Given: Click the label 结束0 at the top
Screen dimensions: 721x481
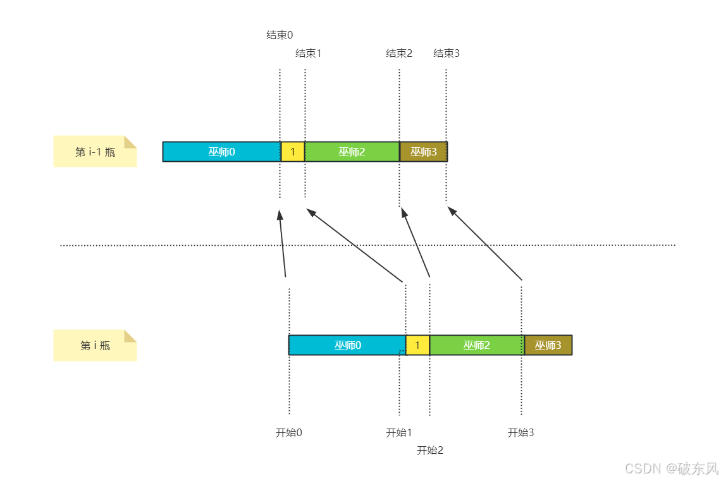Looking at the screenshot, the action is pyautogui.click(x=280, y=35).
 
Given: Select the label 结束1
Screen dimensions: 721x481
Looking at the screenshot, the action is pyautogui.click(x=308, y=53).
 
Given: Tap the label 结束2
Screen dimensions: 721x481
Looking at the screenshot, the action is pyautogui.click(x=399, y=53).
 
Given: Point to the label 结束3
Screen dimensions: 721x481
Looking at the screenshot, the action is pyautogui.click(x=447, y=53).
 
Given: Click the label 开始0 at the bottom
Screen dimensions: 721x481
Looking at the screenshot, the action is pyautogui.click(x=289, y=433).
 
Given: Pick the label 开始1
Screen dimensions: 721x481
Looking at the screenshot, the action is pyautogui.click(x=399, y=433).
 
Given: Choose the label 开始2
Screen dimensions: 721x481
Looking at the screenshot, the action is pyautogui.click(x=430, y=451).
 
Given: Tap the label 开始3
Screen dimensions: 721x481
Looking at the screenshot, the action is pyautogui.click(x=521, y=433).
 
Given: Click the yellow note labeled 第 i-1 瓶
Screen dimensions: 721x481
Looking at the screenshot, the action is pyautogui.click(x=95, y=152).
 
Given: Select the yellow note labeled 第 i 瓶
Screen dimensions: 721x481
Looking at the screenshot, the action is pyautogui.click(x=95, y=346).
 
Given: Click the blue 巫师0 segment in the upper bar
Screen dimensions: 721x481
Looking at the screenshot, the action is pyautogui.click(x=221, y=152).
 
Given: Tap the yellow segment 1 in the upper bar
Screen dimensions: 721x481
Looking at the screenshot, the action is pyautogui.click(x=293, y=152).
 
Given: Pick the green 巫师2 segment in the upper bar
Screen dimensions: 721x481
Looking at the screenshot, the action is pyautogui.click(x=352, y=152).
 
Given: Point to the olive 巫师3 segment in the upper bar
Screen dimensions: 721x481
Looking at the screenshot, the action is pyautogui.click(x=424, y=152).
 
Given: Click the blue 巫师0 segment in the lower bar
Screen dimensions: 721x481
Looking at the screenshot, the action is pyautogui.click(x=347, y=345).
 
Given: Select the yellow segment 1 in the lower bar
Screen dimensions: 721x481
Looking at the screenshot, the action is pyautogui.click(x=417, y=345).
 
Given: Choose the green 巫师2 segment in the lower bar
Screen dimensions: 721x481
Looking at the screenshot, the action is pyautogui.click(x=477, y=345).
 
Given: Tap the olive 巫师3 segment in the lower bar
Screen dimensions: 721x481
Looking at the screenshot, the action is pyautogui.click(x=548, y=345).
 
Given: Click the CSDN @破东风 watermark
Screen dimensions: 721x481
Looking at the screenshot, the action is pyautogui.click(x=672, y=468).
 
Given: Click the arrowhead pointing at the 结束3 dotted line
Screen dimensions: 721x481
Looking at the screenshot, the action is pyautogui.click(x=452, y=211).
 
